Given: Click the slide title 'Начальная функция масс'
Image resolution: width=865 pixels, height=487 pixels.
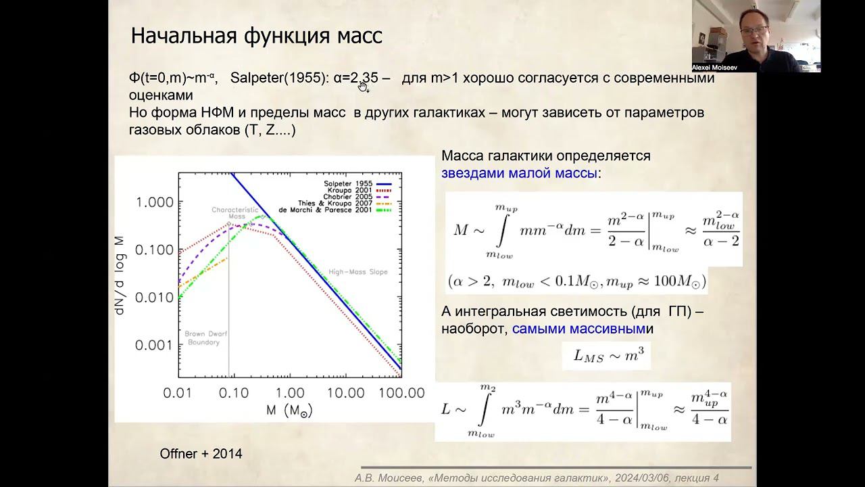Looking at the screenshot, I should click(x=256, y=36).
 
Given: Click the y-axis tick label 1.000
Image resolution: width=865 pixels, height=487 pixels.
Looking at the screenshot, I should click(x=154, y=202).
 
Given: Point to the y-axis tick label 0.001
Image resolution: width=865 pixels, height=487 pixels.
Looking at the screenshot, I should click(x=154, y=345).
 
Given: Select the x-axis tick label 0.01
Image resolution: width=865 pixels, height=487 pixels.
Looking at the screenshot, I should click(x=178, y=393).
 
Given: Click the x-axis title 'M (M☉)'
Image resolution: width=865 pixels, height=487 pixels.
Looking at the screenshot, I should click(x=289, y=410).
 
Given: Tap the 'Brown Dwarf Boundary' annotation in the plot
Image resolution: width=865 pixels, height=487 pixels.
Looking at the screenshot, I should click(x=203, y=338).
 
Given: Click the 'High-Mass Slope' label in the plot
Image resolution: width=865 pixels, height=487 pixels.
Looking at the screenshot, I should click(x=358, y=272).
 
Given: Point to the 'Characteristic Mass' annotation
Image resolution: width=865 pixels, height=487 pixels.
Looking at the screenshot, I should click(x=235, y=213).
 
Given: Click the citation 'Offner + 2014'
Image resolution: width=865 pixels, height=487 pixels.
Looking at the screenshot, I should click(x=201, y=454).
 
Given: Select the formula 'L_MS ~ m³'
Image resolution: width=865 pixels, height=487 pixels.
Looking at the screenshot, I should click(x=605, y=355).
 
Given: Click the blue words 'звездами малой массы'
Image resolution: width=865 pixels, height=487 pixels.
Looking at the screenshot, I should click(x=519, y=173).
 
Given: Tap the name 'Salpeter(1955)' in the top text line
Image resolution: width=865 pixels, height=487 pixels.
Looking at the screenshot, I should click(x=279, y=78).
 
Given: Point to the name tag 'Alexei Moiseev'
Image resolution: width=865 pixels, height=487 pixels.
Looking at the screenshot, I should click(x=715, y=68).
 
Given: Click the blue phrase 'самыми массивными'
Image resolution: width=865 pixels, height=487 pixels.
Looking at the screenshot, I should click(x=578, y=329).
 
